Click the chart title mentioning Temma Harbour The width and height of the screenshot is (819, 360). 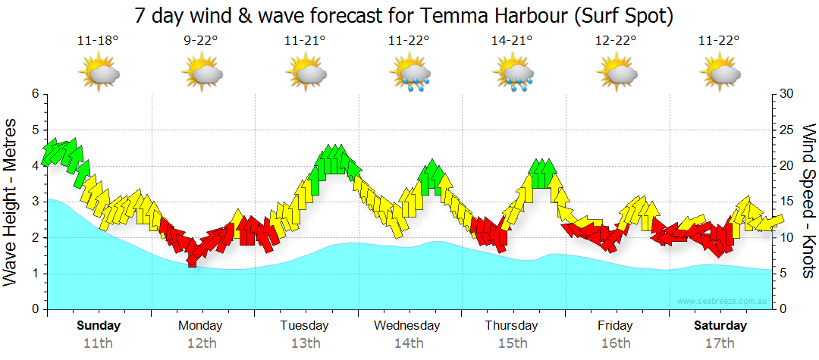[x=404, y=14]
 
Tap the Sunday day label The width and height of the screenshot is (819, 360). [x=99, y=326]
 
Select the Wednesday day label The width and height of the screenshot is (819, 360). [x=407, y=326]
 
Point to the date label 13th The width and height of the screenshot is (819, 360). [x=305, y=343]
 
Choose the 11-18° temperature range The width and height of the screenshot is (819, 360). [x=98, y=42]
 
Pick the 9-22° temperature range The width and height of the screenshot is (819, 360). [x=201, y=42]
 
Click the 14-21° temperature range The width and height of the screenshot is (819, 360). [x=512, y=42]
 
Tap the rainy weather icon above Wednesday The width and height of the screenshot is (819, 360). [x=409, y=74]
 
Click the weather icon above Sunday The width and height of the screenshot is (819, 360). [x=99, y=74]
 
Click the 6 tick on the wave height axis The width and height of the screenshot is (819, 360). [x=34, y=94]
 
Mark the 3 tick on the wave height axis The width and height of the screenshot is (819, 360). [x=34, y=202]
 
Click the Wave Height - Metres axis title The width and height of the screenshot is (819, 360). [x=11, y=202]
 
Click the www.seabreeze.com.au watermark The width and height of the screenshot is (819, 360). [x=723, y=302]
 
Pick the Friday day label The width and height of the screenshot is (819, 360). [x=615, y=326]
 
